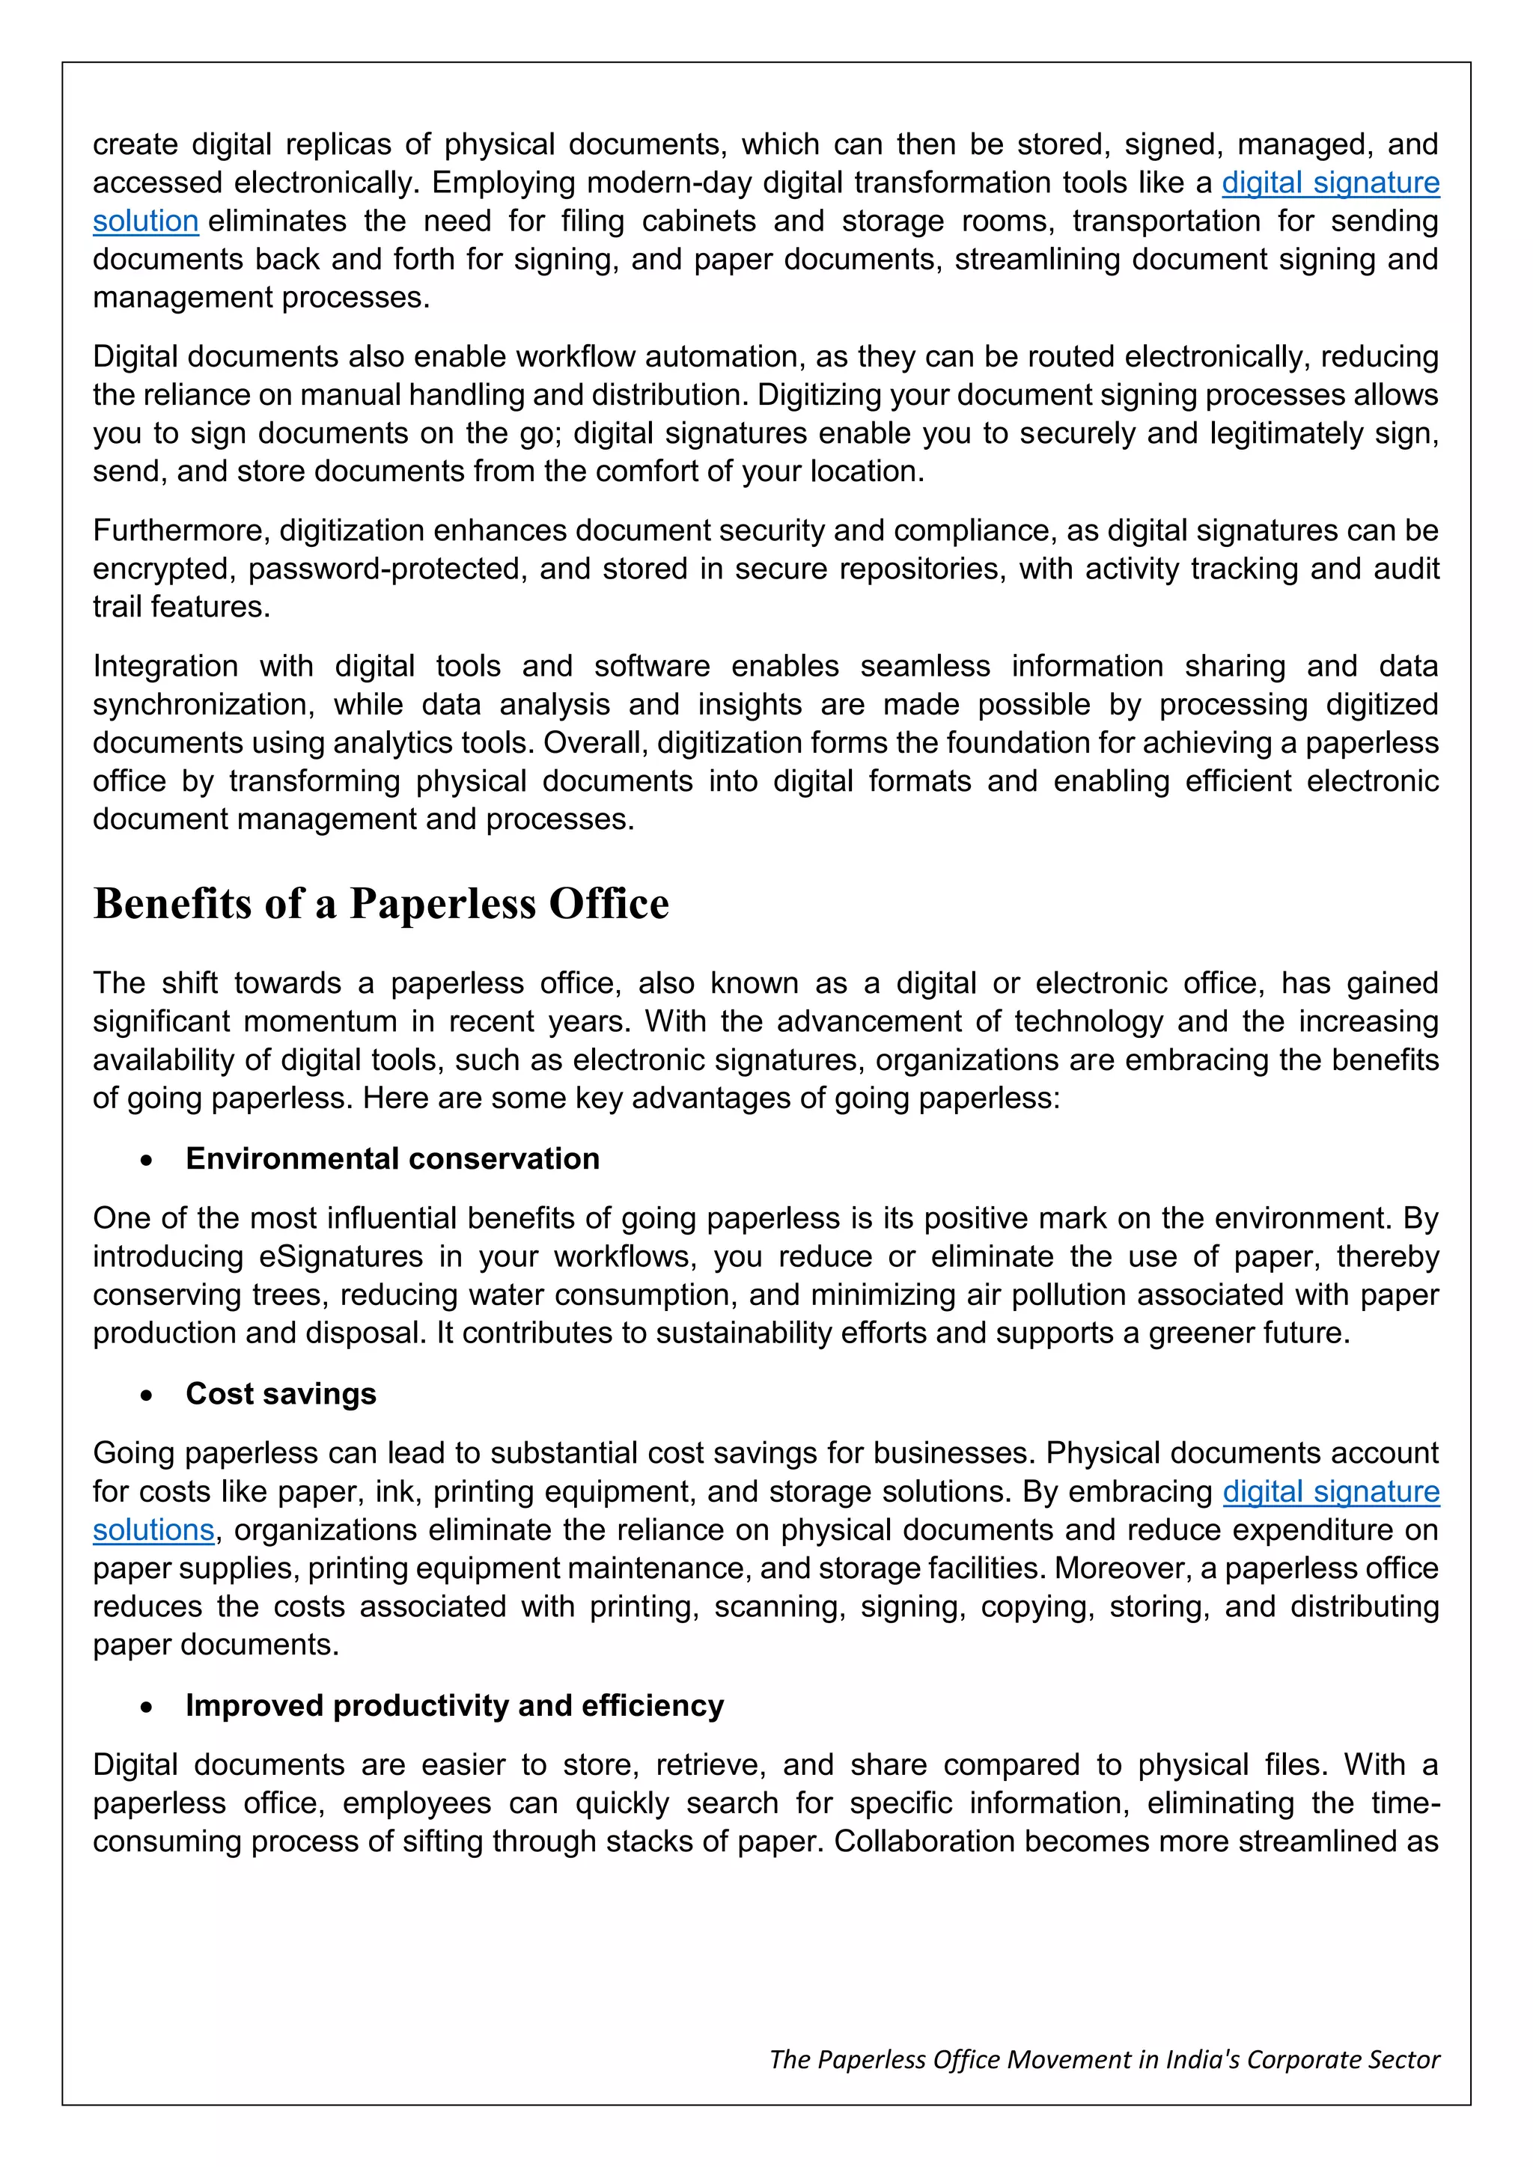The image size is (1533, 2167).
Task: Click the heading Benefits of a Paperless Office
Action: point(381,904)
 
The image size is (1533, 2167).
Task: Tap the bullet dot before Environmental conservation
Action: point(145,1161)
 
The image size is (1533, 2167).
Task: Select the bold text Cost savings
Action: point(281,1393)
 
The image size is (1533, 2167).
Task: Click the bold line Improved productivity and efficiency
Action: point(454,1705)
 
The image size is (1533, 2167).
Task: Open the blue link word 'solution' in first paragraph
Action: point(145,221)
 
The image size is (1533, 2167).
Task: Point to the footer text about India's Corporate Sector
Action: point(1103,2059)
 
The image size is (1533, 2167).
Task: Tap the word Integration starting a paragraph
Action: point(165,666)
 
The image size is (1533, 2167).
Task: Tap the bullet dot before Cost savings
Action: point(145,1396)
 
